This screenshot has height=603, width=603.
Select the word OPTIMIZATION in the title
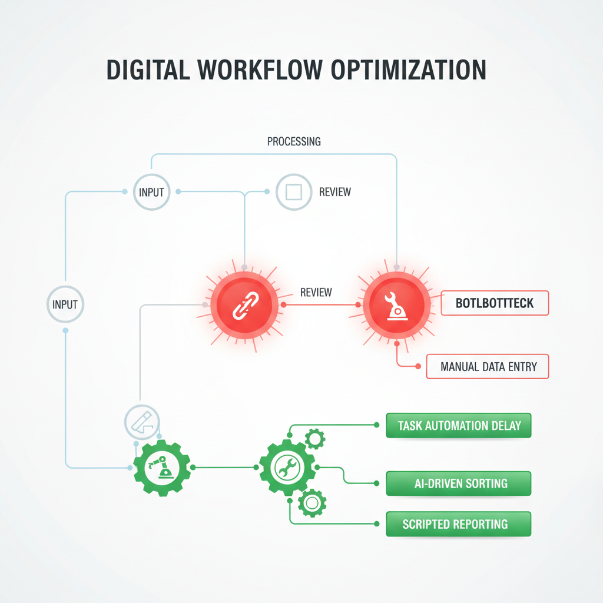click(x=409, y=69)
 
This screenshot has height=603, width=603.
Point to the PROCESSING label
click(x=294, y=141)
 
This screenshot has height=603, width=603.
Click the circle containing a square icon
click(x=293, y=191)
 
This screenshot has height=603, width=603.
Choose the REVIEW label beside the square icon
click(x=334, y=192)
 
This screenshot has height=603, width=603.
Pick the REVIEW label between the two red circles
click(x=316, y=292)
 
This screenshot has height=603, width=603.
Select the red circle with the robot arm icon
click(x=393, y=305)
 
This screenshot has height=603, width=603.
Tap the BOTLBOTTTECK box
click(x=495, y=303)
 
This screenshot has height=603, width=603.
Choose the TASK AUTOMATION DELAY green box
click(x=459, y=425)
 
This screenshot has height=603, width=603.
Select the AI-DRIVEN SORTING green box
click(x=459, y=483)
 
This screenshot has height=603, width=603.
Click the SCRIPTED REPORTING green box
click(x=459, y=524)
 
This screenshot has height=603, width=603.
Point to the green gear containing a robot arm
click(x=161, y=468)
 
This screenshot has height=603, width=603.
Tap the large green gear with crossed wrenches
click(x=287, y=468)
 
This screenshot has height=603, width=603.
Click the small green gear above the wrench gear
click(x=315, y=438)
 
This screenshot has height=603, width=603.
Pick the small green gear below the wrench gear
click(x=312, y=503)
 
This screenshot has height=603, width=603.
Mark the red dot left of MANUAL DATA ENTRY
click(x=418, y=366)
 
